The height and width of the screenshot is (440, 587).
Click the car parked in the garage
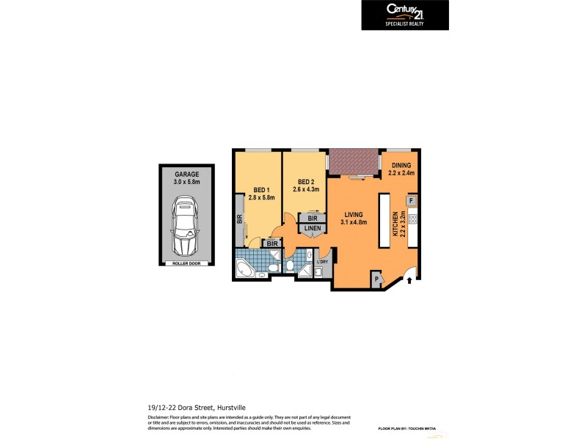186,226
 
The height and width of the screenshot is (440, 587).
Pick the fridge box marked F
411,200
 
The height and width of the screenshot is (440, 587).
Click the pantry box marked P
377,278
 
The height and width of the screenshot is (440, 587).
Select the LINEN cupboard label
312,230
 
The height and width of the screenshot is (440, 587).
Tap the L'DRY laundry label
321,262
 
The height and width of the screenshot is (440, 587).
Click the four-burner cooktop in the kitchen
412,218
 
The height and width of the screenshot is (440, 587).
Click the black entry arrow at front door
409,281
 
